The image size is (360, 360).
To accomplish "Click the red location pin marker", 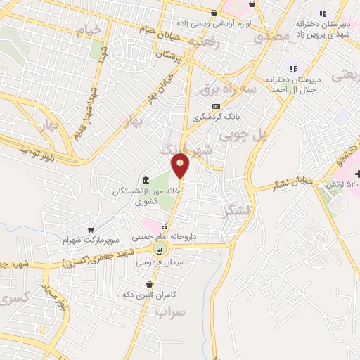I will [x=181, y=166].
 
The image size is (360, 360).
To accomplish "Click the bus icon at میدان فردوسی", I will [x=159, y=249].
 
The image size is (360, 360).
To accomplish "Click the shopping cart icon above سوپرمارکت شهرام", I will [x=91, y=229].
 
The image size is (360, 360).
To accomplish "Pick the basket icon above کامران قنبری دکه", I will [x=148, y=283].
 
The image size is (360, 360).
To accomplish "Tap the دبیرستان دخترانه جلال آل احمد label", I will [x=295, y=85].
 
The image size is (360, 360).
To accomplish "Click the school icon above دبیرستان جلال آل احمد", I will [x=293, y=69].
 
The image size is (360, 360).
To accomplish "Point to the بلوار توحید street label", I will [x=37, y=149].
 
